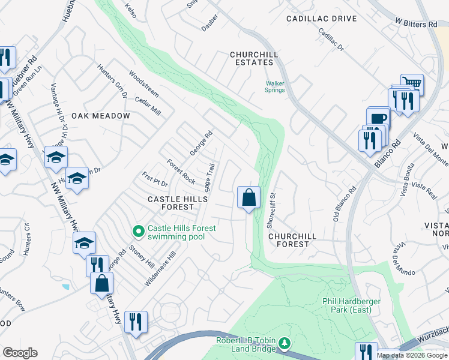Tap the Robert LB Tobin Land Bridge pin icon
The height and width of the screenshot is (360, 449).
[285, 343]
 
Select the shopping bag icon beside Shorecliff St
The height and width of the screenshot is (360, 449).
[249, 197]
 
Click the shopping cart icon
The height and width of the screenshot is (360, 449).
[412, 83]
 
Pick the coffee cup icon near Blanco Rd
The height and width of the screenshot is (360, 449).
[378, 118]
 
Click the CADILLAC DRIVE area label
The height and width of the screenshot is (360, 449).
[321, 19]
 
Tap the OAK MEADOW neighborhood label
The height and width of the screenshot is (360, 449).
[101, 116]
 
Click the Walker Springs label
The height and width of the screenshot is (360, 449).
[276, 86]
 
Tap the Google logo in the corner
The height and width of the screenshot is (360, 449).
[20, 353]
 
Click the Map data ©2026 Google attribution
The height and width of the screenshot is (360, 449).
[412, 355]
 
